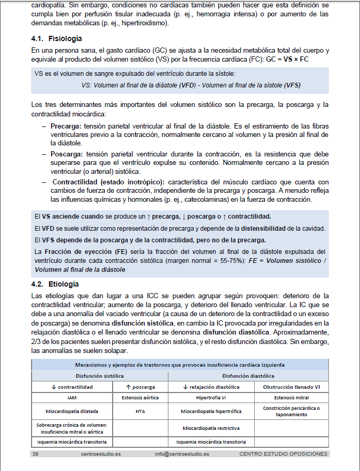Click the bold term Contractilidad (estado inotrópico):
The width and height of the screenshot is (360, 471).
[x=109, y=182]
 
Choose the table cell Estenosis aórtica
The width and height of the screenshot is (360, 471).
[x=140, y=398]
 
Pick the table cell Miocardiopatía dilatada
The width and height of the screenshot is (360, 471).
[x=72, y=411]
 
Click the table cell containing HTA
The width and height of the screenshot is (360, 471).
[x=140, y=411]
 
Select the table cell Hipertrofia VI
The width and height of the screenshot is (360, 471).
[x=211, y=398]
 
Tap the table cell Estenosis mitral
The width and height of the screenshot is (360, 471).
[x=292, y=398]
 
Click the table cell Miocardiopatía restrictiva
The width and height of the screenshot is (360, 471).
[x=211, y=428]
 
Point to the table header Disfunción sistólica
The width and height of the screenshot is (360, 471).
[x=100, y=376]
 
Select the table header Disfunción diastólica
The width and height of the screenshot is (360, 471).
[x=248, y=376]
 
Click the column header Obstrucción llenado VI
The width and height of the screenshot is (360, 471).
[x=292, y=387]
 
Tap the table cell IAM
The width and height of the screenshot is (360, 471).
[x=72, y=398]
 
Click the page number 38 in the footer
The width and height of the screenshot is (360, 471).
[x=35, y=454]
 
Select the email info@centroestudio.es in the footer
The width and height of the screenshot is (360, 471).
[x=182, y=454]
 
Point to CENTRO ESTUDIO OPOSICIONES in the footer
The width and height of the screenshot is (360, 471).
[x=283, y=454]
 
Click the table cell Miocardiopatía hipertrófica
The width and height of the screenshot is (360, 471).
[x=211, y=411]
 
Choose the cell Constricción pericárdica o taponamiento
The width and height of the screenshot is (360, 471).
[x=292, y=411]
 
